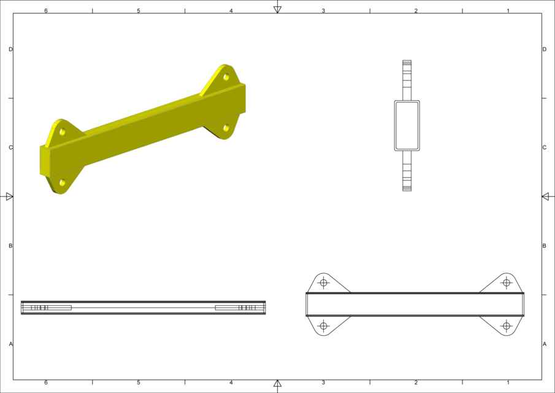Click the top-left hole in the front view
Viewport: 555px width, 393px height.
point(324,282)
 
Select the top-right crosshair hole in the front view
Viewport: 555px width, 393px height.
point(506,282)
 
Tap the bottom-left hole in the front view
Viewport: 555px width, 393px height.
point(324,325)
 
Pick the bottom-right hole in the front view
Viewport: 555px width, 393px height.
point(506,325)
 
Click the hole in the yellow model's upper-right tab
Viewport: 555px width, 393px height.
point(226,77)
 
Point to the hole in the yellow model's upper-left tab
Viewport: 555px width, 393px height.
point(63,131)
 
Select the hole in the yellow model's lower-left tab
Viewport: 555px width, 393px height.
point(63,182)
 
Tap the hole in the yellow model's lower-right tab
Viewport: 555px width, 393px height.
point(226,128)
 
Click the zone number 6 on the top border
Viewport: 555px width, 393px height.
point(46,10)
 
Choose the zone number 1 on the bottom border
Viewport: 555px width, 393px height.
point(508,383)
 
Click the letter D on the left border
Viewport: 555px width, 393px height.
point(11,49)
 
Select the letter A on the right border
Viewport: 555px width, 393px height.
point(544,344)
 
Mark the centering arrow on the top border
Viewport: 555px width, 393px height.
point(277,9)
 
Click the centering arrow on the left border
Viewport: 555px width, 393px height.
point(9,196)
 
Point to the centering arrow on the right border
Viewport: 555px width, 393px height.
point(545,196)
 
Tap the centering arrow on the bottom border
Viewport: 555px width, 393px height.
point(277,384)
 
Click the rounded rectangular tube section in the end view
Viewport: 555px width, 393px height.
point(407,125)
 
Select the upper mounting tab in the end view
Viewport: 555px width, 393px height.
point(407,80)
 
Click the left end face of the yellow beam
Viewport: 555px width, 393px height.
point(45,161)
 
